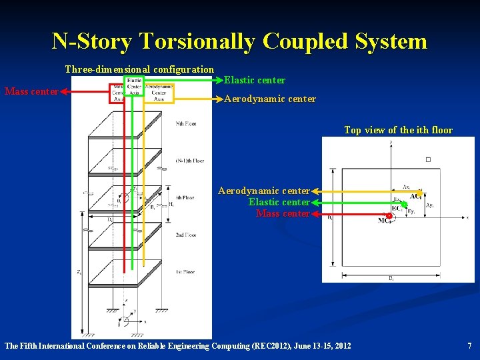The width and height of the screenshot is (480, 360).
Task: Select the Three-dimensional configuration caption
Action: pyautogui.click(x=139, y=69)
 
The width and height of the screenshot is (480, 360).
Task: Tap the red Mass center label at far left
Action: pyautogui.click(x=31, y=91)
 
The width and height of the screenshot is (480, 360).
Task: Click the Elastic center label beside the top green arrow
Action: pyautogui.click(x=255, y=80)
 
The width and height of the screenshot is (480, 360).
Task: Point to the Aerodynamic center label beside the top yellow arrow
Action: pyautogui.click(x=270, y=99)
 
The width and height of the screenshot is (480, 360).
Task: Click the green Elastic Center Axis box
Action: pyautogui.click(x=133, y=87)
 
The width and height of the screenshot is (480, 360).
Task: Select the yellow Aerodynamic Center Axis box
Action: pyautogui.click(x=159, y=93)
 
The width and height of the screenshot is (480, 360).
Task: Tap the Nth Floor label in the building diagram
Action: pyautogui.click(x=186, y=124)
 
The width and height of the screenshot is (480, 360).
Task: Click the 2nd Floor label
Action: pyautogui.click(x=186, y=235)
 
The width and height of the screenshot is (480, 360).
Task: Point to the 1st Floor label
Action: pyautogui.click(x=186, y=273)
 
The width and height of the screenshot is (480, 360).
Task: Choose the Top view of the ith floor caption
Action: pyautogui.click(x=398, y=130)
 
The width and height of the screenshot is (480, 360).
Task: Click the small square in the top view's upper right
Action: pyautogui.click(x=428, y=159)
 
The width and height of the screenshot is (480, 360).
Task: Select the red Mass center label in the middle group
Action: pyautogui.click(x=283, y=214)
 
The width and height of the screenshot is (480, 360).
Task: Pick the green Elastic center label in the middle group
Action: pyautogui.click(x=279, y=202)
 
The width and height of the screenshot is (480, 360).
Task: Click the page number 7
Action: pyautogui.click(x=469, y=346)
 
